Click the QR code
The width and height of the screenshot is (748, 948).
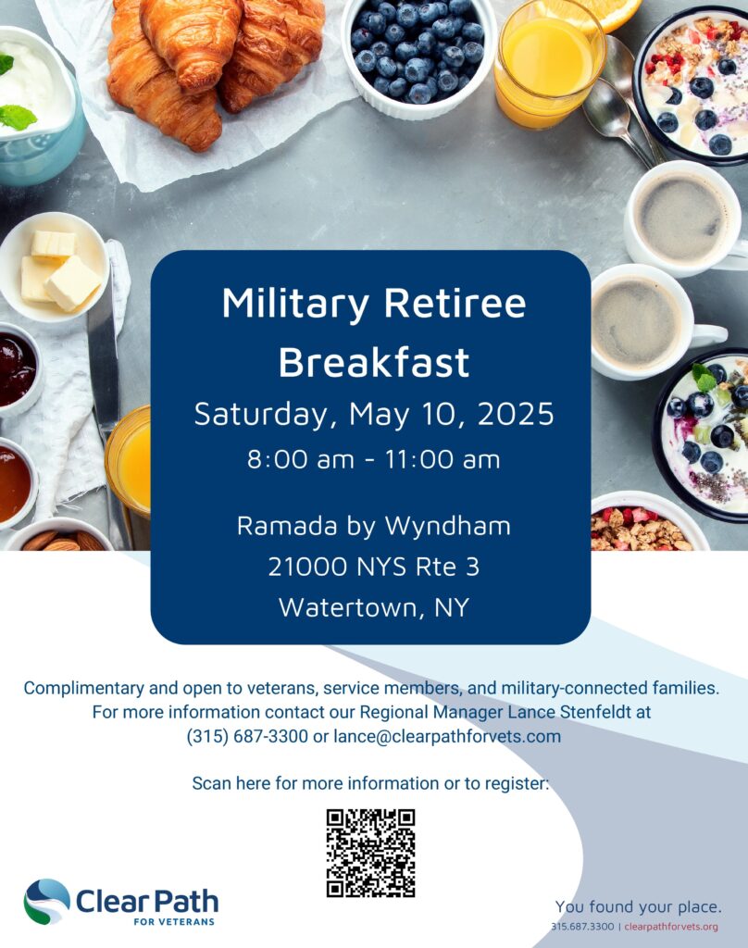coord(370,853)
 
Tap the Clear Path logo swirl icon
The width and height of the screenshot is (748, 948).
coord(46,902)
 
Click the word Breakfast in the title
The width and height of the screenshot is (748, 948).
coord(374,362)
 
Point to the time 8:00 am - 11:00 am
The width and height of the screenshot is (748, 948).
coord(374,459)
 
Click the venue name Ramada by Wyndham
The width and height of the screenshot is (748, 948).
coord(374,527)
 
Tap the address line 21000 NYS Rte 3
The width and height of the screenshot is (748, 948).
coord(374,567)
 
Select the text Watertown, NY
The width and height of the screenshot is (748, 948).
coord(374,607)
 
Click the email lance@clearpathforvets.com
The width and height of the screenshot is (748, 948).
coord(447,736)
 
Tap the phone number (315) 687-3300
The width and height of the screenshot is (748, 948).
coord(247,736)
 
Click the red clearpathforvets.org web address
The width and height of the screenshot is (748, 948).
coord(671,927)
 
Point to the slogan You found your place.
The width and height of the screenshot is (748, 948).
coord(639,907)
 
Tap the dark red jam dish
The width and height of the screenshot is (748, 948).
coord(17,369)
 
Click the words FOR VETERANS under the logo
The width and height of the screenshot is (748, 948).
coord(174,922)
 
